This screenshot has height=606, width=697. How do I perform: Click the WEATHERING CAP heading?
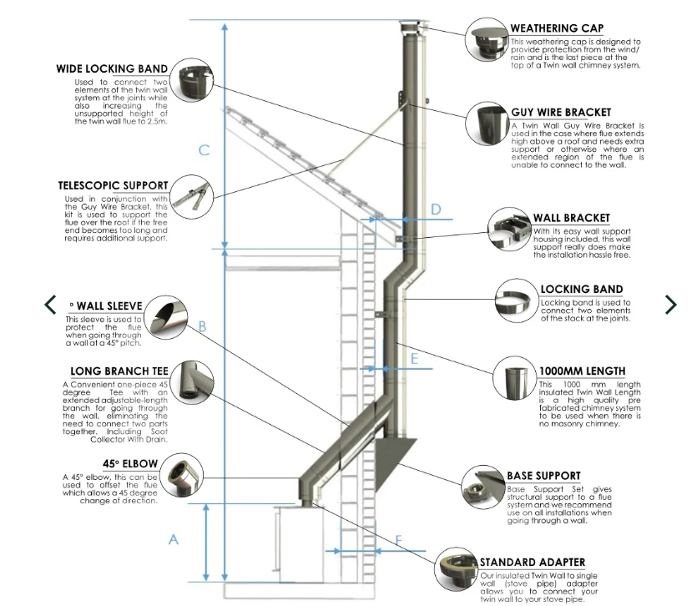pyautogui.click(x=557, y=28)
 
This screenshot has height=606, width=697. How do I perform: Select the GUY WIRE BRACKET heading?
pyautogui.click(x=561, y=112)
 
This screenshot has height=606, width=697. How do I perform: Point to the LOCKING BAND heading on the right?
pyautogui.click(x=581, y=290)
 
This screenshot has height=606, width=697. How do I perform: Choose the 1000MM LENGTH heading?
pyautogui.click(x=583, y=371)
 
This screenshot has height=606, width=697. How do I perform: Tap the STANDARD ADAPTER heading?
pyautogui.click(x=532, y=562)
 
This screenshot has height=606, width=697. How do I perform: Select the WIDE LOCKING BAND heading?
pyautogui.click(x=112, y=68)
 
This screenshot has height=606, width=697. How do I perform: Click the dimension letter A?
pyautogui.click(x=174, y=539)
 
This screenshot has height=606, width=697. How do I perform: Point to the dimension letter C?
pyautogui.click(x=204, y=150)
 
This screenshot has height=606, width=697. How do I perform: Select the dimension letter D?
pyautogui.click(x=435, y=209)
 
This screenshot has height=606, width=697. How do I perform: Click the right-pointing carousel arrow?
pyautogui.click(x=670, y=305)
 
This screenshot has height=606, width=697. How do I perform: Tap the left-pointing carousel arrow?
pyautogui.click(x=50, y=305)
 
